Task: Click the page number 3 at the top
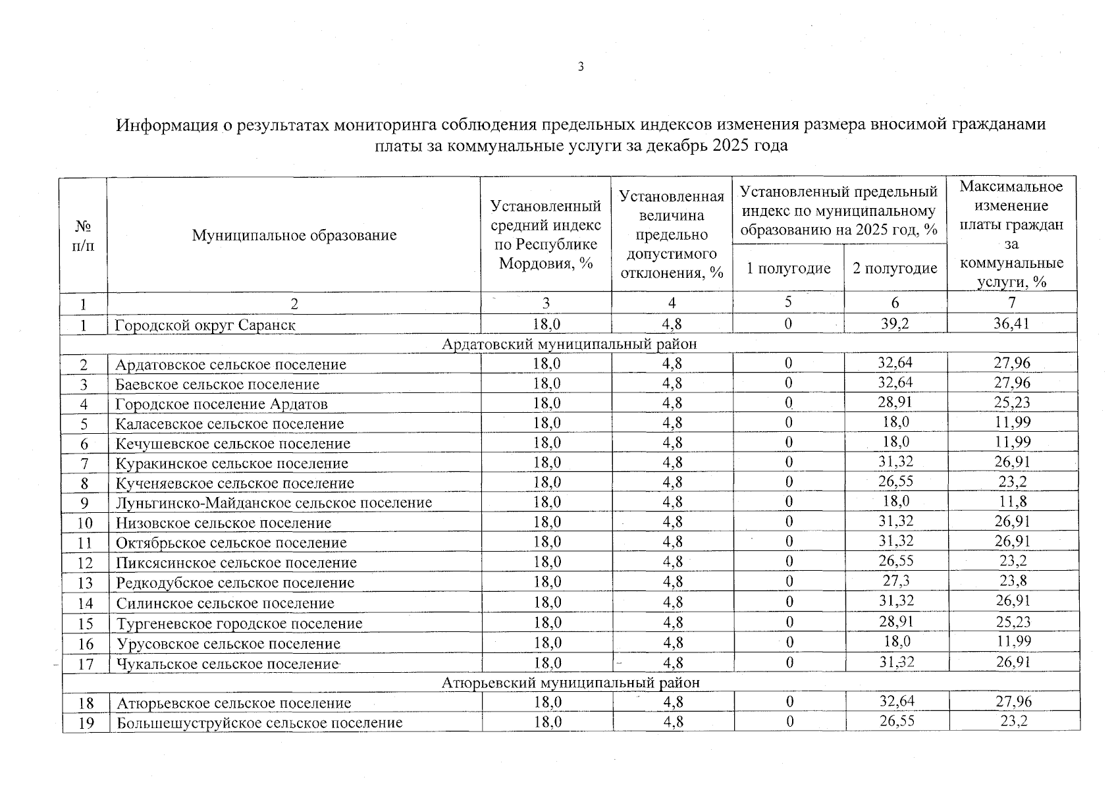point(581,66)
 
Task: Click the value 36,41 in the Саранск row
point(1012,323)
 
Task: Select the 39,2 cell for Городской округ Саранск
point(895,323)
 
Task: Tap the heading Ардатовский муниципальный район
point(569,344)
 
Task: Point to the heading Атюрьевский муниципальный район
point(570,682)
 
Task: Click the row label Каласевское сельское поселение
point(230,423)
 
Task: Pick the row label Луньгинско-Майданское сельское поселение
point(274,503)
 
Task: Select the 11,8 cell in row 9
point(1013,502)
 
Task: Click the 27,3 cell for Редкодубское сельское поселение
point(895,581)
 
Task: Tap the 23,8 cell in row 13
point(1013,581)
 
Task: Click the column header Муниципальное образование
point(294,235)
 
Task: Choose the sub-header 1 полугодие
point(788,268)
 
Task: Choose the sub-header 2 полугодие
point(895,268)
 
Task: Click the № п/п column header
point(83,236)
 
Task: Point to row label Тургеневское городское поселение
point(240,623)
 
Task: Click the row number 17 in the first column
point(86,664)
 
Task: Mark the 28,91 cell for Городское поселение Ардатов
point(895,402)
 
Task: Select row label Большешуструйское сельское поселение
point(259,723)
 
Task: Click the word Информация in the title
point(167,124)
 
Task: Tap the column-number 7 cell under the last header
point(1012,302)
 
